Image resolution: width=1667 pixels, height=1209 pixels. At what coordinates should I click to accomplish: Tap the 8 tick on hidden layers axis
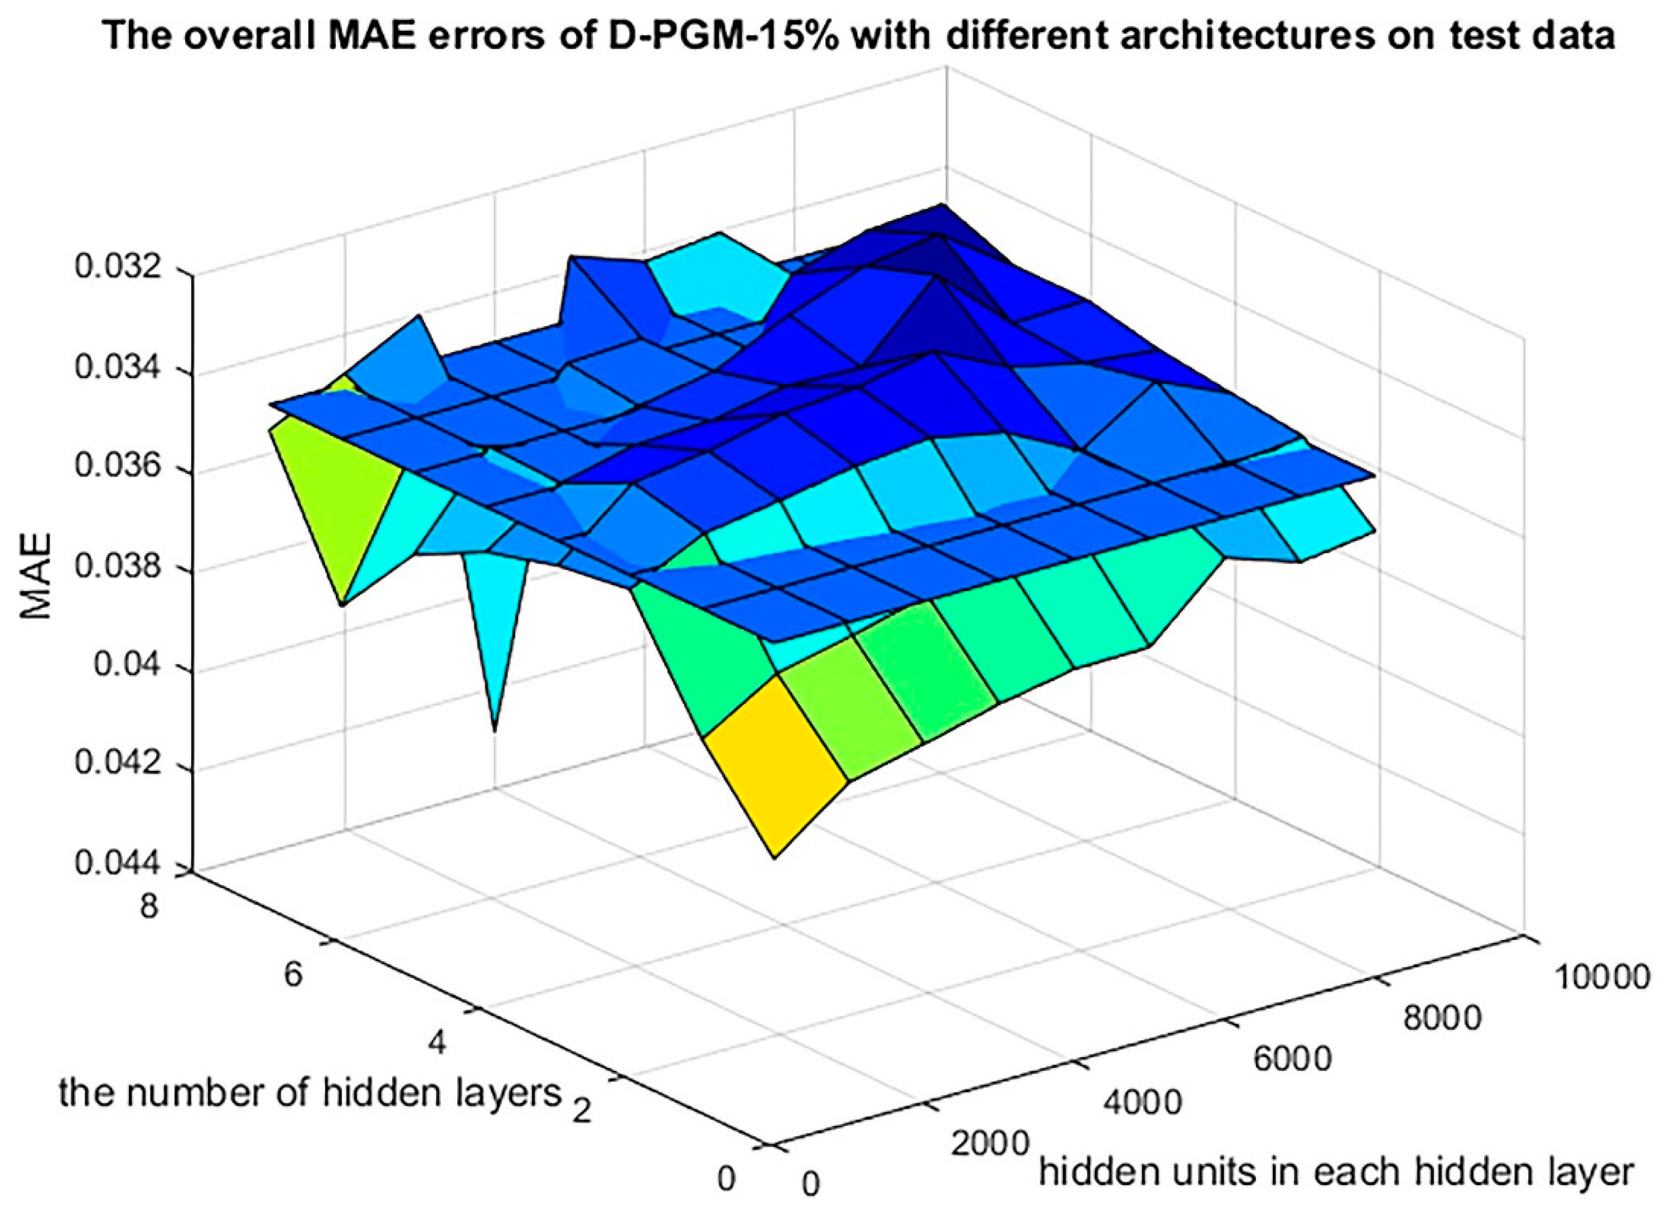point(149,906)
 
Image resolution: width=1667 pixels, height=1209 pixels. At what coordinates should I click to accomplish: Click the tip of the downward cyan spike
point(495,728)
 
